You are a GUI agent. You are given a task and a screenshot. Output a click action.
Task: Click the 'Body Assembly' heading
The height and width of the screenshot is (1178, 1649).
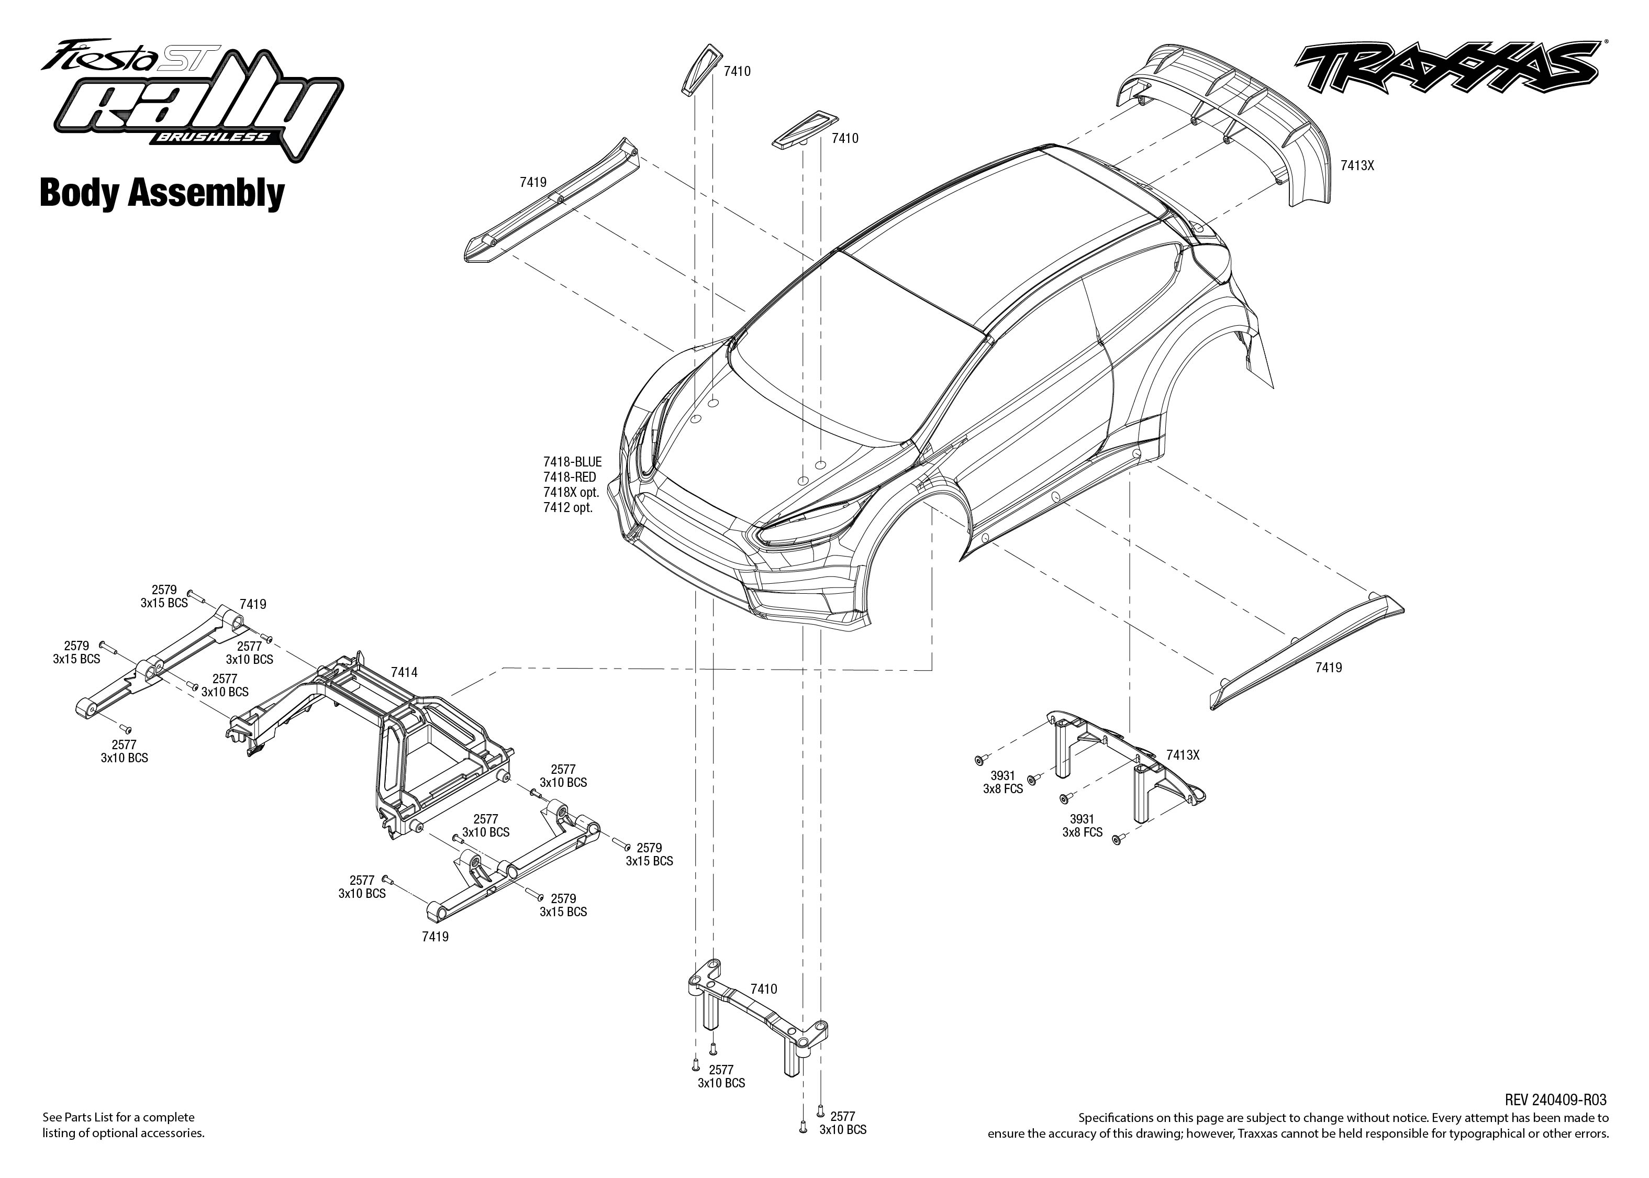tap(162, 193)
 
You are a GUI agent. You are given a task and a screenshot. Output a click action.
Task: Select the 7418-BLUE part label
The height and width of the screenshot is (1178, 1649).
tap(572, 461)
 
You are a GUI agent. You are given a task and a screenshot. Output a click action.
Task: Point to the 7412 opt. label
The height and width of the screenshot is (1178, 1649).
tap(568, 508)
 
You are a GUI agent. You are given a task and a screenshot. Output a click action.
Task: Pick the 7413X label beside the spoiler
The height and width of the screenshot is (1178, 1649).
tap(1357, 165)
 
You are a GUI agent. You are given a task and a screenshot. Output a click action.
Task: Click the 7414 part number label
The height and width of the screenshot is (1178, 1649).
tap(404, 672)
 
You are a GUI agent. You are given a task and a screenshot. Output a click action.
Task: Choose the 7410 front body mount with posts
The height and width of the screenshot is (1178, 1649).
tap(754, 1016)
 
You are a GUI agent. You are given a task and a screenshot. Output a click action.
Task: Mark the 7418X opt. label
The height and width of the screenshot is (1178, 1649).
tap(571, 493)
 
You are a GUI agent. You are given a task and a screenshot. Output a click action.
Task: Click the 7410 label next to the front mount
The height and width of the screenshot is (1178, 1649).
tap(764, 988)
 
